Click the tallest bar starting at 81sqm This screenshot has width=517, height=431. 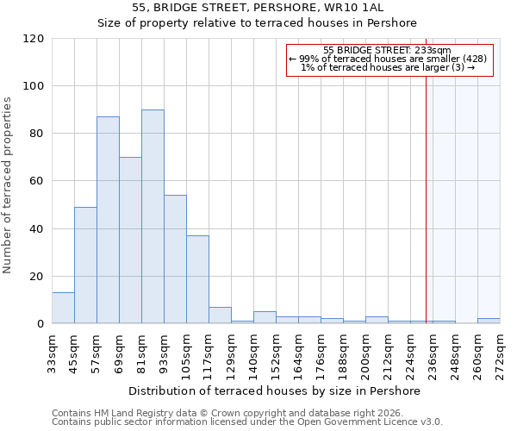(x=153, y=217)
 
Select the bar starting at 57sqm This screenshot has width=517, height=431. (x=108, y=220)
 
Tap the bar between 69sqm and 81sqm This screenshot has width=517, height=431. (x=130, y=240)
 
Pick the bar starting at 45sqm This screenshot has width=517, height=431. (x=85, y=265)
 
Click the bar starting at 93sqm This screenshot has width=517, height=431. (x=175, y=259)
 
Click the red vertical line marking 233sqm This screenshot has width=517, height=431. (x=426, y=190)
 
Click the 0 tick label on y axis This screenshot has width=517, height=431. (x=40, y=324)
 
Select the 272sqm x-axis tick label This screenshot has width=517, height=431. (x=500, y=351)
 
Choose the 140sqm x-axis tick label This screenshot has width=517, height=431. (x=253, y=351)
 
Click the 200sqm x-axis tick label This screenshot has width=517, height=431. (x=365, y=351)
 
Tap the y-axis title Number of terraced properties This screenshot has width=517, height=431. (x=9, y=184)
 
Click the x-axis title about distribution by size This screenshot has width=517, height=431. (x=276, y=390)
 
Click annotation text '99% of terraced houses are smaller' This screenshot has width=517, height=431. (x=389, y=59)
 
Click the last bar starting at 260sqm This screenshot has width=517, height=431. (x=489, y=321)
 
